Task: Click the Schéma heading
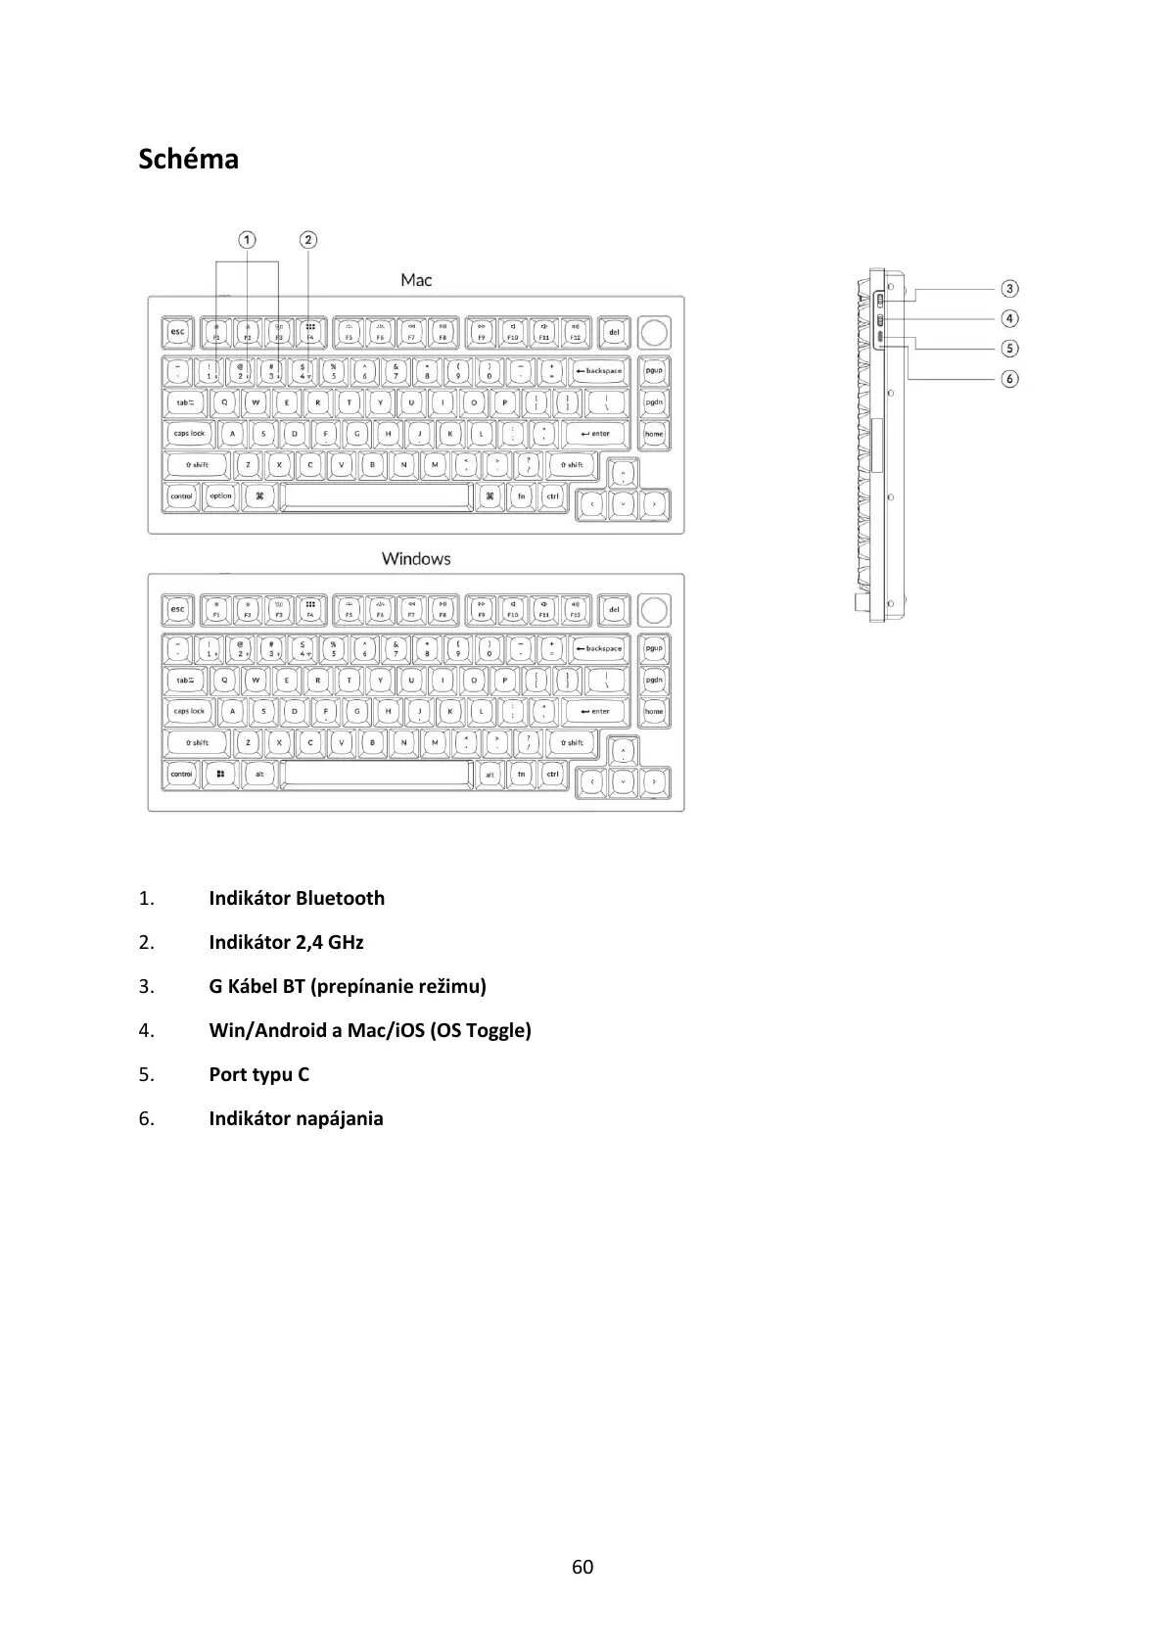click(188, 159)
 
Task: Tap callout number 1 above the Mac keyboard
click(248, 240)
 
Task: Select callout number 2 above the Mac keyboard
click(308, 240)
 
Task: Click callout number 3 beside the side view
click(1009, 289)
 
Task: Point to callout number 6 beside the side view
click(1009, 378)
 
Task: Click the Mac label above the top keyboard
click(416, 280)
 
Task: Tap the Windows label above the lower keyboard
click(416, 558)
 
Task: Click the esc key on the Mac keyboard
click(177, 333)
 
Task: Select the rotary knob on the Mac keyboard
click(654, 332)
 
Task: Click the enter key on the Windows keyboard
click(594, 712)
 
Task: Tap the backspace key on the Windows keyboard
click(599, 648)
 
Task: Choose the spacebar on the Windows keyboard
click(376, 775)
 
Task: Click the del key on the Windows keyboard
click(614, 610)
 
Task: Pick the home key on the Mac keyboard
click(654, 434)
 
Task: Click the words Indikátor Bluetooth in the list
click(297, 898)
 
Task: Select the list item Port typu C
click(258, 1074)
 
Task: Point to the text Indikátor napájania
click(296, 1118)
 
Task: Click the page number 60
click(583, 1567)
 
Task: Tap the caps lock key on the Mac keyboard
click(190, 434)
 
